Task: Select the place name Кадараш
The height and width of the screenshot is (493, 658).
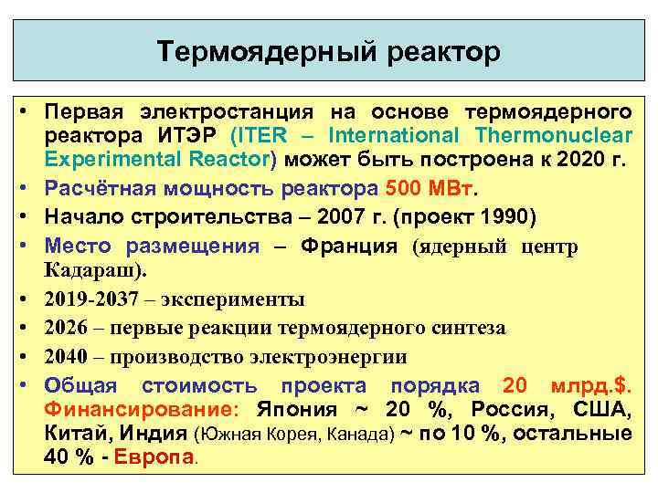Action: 90,271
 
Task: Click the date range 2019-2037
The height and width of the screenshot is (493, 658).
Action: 100,299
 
